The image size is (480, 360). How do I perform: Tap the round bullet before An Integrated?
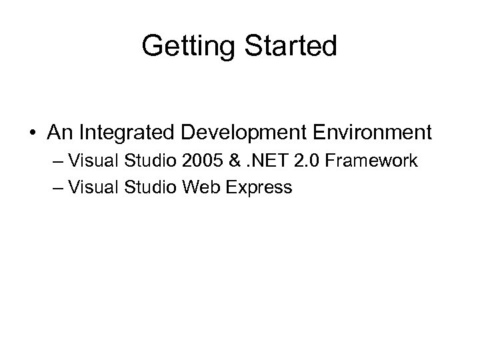pos(33,133)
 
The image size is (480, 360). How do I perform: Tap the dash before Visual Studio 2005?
pos(56,162)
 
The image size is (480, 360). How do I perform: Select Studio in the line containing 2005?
pos(143,161)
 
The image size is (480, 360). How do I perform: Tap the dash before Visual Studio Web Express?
pos(56,187)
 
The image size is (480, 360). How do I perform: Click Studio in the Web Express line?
pos(143,187)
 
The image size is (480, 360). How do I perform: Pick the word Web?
pos(193,187)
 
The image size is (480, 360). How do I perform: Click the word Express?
pos(256,188)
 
